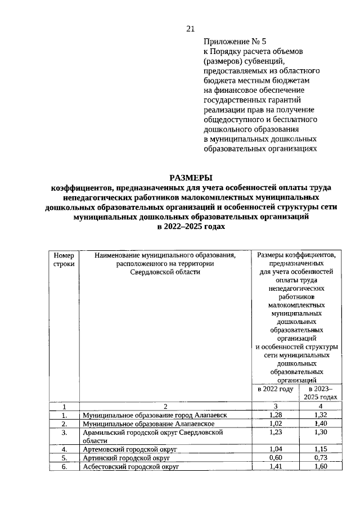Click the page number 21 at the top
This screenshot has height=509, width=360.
point(190,29)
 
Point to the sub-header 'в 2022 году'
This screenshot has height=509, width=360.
point(275,389)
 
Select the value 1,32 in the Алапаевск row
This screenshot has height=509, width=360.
point(321,415)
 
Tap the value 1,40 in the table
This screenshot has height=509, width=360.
point(321,424)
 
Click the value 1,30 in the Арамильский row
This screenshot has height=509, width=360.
point(321,433)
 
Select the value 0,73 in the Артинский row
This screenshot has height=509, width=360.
point(321,458)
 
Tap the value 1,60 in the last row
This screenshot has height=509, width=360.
point(321,467)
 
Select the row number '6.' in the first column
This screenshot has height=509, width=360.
point(64,467)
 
